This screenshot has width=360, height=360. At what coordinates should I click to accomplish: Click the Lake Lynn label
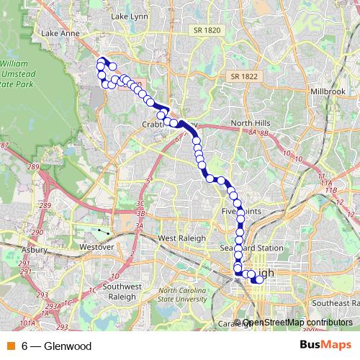(x=129, y=15)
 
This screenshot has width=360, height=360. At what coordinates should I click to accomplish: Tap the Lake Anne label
(x=60, y=33)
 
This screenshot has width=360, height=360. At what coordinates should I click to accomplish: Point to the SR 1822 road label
(x=244, y=76)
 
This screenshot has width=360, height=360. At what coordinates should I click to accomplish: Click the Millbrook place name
(x=328, y=93)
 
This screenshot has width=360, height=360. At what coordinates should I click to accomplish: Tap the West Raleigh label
(x=181, y=238)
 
